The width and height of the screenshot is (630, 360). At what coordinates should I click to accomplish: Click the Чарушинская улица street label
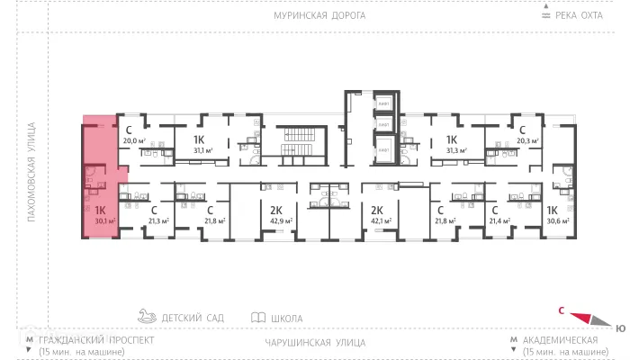(315, 343)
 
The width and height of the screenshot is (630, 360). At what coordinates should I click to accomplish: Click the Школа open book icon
(258, 318)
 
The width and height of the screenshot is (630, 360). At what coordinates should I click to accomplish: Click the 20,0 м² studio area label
(133, 140)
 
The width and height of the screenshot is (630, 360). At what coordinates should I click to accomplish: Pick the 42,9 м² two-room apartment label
(277, 220)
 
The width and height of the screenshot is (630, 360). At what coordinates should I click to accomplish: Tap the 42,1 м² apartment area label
(377, 220)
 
